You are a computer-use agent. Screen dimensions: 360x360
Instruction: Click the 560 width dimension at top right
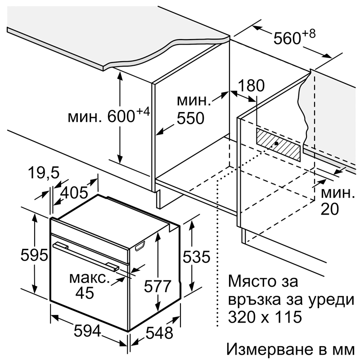tap(287, 38)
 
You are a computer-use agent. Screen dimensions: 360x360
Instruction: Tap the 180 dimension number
tap(251, 85)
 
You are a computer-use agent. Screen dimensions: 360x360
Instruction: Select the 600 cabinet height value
tap(121, 116)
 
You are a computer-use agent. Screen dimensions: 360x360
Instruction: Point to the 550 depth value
tap(190, 118)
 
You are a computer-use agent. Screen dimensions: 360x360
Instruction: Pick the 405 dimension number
tap(74, 193)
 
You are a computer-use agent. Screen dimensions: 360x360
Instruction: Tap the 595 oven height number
tap(35, 255)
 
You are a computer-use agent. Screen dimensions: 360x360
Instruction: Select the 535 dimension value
tap(197, 256)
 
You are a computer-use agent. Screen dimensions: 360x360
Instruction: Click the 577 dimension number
tap(158, 286)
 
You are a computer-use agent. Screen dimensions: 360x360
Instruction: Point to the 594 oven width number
tap(87, 331)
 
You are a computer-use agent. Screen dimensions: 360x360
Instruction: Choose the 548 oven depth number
tap(159, 333)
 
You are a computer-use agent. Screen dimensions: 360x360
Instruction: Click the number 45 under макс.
tap(85, 293)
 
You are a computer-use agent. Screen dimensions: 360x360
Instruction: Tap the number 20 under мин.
tap(330, 209)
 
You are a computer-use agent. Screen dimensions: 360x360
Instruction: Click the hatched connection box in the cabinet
tap(278, 144)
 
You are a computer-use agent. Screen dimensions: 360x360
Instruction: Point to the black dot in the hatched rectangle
tap(276, 143)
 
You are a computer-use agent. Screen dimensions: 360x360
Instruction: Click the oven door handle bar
tap(86, 256)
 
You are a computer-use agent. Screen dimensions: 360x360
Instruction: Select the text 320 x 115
tap(265, 317)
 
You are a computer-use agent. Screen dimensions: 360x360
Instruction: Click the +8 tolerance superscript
tap(309, 34)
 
